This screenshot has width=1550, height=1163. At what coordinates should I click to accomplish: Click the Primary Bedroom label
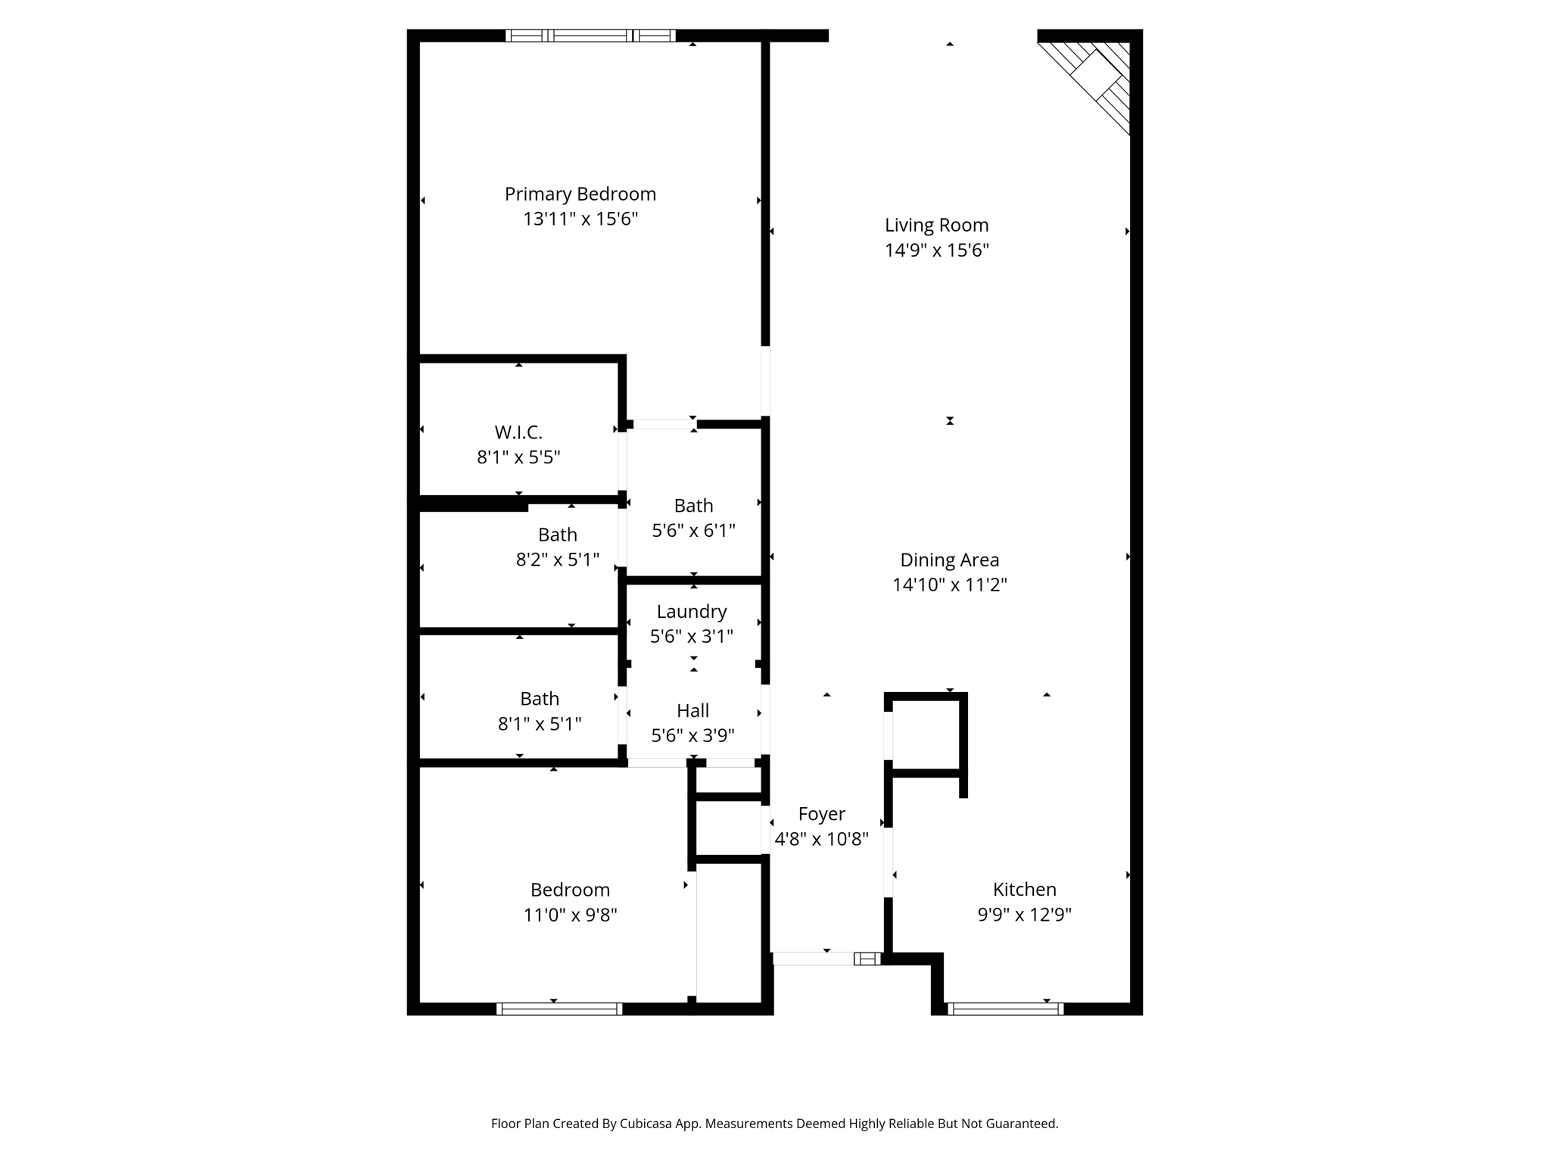580,195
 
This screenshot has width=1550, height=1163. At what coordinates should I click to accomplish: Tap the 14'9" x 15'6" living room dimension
937,251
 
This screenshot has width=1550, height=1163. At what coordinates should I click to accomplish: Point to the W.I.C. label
518,432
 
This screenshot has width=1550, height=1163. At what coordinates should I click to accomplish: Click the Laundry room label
692,612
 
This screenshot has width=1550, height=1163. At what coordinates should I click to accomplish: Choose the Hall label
693,711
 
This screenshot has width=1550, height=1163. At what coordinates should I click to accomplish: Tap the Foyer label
821,814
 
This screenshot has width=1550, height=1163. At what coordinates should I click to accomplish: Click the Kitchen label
1024,890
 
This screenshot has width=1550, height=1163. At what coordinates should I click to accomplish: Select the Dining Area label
949,560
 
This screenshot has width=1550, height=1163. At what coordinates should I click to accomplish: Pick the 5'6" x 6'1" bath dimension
693,531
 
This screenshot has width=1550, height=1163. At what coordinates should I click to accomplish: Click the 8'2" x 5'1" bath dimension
558,560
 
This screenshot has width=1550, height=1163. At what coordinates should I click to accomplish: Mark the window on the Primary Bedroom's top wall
590,36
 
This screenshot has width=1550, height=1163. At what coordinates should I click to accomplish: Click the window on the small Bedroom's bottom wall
559,1009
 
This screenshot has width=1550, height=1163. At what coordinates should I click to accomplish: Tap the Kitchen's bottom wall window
1005,1009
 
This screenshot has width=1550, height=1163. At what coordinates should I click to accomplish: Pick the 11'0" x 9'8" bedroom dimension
570,915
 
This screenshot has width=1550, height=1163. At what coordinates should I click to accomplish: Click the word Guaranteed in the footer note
1019,1124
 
